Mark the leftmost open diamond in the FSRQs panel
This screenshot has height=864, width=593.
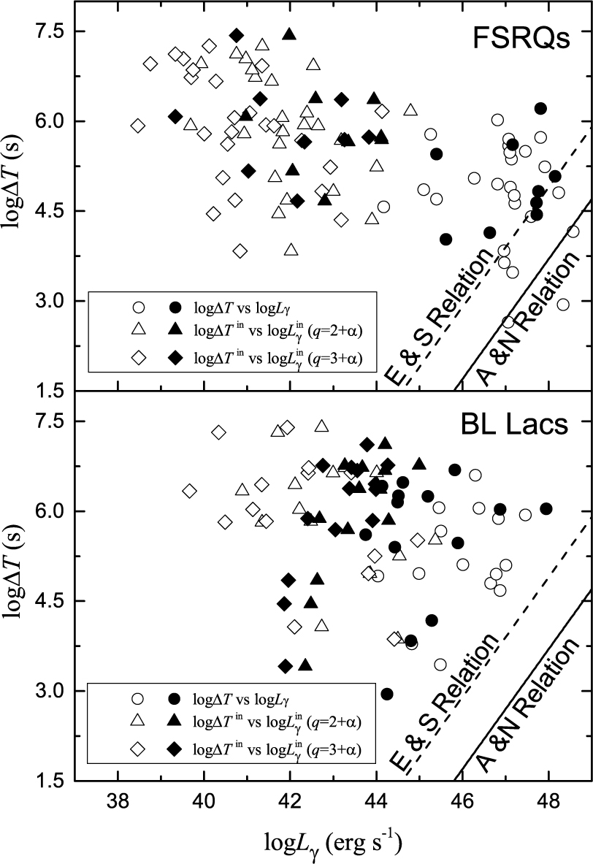click(x=138, y=126)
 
